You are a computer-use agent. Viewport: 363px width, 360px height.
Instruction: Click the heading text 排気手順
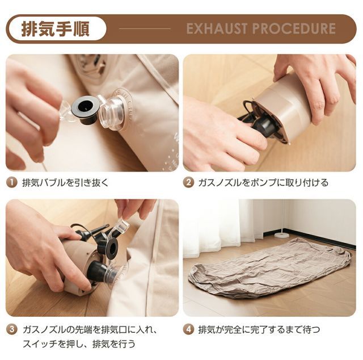[56, 28]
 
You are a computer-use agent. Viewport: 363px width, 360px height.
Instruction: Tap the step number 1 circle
[11, 183]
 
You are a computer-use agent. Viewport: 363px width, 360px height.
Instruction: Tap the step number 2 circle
[188, 183]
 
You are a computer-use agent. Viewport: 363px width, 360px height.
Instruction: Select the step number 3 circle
[11, 329]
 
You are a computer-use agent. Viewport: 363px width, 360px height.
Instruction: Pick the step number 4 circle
[188, 329]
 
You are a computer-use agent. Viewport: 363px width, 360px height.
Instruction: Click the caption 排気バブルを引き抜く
[65, 183]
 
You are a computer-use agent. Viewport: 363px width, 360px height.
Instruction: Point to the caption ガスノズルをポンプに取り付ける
[263, 183]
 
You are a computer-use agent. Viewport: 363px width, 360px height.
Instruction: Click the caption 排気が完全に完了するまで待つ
[259, 329]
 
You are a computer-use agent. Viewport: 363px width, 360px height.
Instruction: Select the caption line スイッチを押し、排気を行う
[79, 344]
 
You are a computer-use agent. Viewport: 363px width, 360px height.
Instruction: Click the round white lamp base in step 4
[281, 235]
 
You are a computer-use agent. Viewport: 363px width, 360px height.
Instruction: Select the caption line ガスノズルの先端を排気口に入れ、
[89, 329]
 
